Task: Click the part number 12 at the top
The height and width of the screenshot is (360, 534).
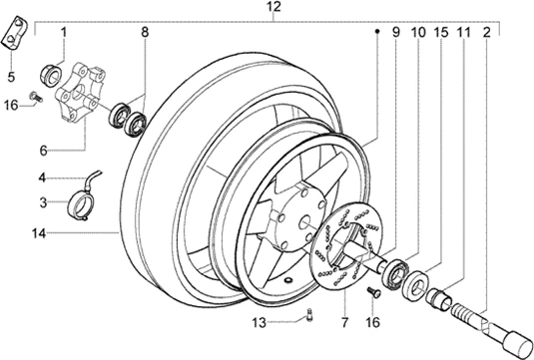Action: pyautogui.click(x=273, y=7)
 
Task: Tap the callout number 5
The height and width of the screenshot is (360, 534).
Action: pyautogui.click(x=11, y=77)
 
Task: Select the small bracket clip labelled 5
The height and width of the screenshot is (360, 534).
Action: pyautogui.click(x=14, y=33)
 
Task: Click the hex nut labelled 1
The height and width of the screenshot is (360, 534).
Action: pyautogui.click(x=52, y=74)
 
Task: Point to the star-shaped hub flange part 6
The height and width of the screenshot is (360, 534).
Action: pyautogui.click(x=81, y=92)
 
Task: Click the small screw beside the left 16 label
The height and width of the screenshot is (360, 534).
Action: pyautogui.click(x=36, y=97)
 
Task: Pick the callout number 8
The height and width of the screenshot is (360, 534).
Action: pyautogui.click(x=145, y=32)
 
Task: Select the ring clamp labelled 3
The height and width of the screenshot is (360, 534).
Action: pyautogui.click(x=81, y=206)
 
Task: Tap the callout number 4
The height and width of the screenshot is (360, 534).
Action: pyautogui.click(x=42, y=178)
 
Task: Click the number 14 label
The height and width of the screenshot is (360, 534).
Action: pyautogui.click(x=39, y=233)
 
